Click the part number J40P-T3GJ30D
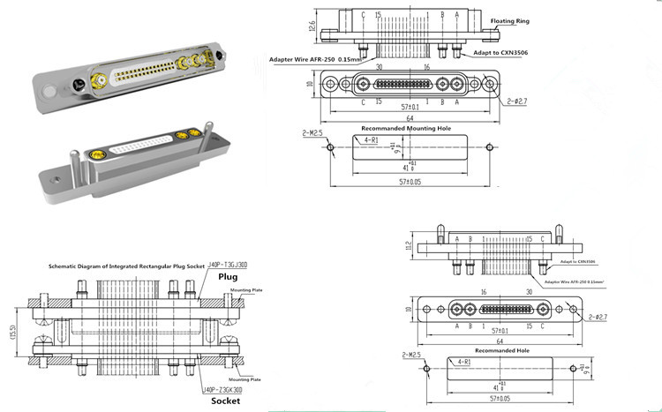[x=228, y=264]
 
